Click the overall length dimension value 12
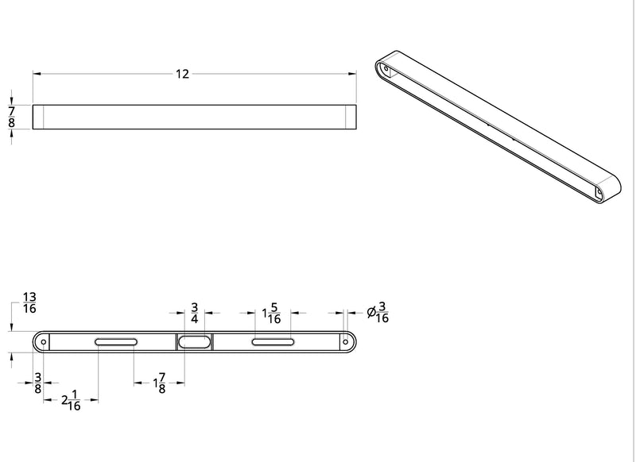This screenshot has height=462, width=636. pyautogui.click(x=182, y=75)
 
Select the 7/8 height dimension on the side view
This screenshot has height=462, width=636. pyautogui.click(x=11, y=116)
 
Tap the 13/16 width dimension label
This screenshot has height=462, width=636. pyautogui.click(x=29, y=302)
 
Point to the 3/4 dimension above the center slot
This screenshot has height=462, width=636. pyautogui.click(x=194, y=312)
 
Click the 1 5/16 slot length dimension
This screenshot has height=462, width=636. pyautogui.click(x=271, y=313)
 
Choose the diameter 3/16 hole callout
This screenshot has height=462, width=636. pyautogui.click(x=378, y=312)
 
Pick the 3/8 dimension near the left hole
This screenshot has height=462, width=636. pyautogui.click(x=37, y=383)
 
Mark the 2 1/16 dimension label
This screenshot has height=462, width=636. pyautogui.click(x=71, y=401)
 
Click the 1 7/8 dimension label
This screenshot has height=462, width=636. pyautogui.click(x=158, y=383)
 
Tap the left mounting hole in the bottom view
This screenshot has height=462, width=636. pyautogui.click(x=44, y=342)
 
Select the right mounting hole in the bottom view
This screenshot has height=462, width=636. pyautogui.click(x=347, y=342)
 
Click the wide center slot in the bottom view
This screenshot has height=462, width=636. pyautogui.click(x=195, y=342)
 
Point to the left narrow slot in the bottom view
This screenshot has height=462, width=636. pyautogui.click(x=116, y=342)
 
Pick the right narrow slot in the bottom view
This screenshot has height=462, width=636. pyautogui.click(x=273, y=342)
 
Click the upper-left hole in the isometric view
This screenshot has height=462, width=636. pyautogui.click(x=387, y=70)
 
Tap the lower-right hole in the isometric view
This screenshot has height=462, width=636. pyautogui.click(x=599, y=191)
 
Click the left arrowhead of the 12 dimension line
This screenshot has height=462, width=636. pyautogui.click(x=37, y=75)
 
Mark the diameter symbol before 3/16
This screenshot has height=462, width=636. pyautogui.click(x=371, y=313)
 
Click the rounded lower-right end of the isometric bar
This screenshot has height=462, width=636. pyautogui.click(x=614, y=191)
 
